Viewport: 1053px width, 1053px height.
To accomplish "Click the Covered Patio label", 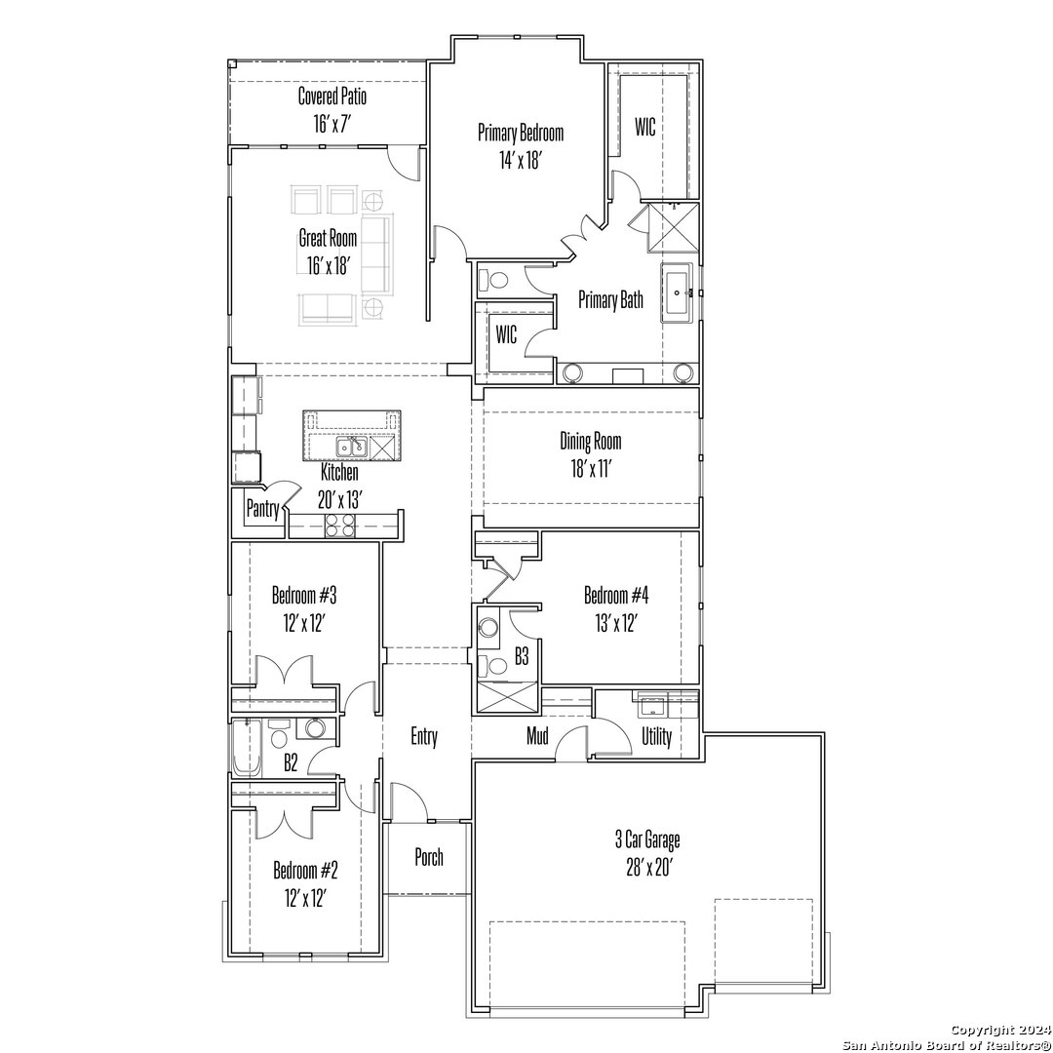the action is [x=332, y=96].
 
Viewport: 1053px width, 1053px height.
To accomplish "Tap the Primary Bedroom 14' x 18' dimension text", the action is [x=521, y=161].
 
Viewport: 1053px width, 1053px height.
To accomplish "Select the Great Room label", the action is [x=328, y=238].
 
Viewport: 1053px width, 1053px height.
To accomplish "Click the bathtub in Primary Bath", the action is [x=677, y=292].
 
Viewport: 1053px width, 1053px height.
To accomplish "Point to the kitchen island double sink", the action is [x=352, y=447].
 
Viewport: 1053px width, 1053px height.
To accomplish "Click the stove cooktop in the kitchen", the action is [x=340, y=526].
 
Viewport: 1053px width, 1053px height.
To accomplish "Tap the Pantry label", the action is [x=262, y=509].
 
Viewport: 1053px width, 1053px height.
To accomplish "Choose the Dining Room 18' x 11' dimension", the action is [x=591, y=469].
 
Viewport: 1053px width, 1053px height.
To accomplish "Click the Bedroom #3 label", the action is [x=304, y=595].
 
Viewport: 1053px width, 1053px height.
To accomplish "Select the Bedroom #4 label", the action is [x=616, y=595].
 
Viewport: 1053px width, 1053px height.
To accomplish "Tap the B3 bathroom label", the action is [x=522, y=656].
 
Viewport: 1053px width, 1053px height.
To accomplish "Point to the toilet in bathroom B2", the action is [x=277, y=735].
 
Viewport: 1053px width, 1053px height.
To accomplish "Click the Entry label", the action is [x=424, y=737].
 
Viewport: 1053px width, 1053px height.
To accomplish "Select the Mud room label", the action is [x=537, y=736].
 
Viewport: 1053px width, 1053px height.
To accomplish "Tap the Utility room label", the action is [x=656, y=737].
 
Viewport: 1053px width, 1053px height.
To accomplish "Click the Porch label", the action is [x=429, y=857].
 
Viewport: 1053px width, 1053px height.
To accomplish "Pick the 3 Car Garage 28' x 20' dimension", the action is [x=649, y=869].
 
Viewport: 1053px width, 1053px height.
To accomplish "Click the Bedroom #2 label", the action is [x=305, y=871].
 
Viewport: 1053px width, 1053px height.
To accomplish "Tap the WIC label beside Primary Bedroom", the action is [x=645, y=127].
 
